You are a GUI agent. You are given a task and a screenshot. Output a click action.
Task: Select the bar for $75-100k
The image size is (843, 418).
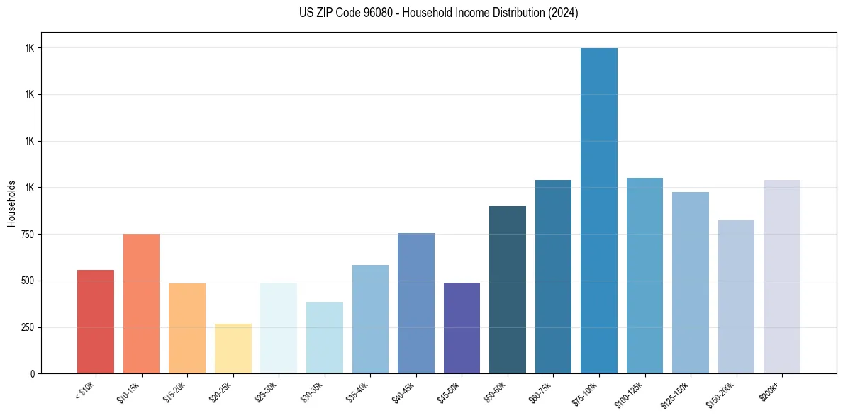click(599, 210)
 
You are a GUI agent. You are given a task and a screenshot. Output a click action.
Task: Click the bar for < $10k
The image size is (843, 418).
click(96, 322)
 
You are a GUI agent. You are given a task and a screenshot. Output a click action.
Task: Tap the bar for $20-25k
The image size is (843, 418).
click(233, 349)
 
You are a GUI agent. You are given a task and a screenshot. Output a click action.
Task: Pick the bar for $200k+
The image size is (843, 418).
click(782, 276)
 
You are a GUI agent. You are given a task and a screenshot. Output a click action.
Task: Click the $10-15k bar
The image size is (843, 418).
click(141, 303)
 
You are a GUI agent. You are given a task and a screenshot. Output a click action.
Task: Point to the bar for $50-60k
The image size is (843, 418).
click(508, 290)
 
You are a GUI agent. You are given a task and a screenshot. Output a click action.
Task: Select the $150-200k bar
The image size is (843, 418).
click(736, 297)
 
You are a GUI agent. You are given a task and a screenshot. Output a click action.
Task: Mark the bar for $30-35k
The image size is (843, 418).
click(325, 337)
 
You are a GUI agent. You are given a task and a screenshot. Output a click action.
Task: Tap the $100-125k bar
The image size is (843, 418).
click(644, 276)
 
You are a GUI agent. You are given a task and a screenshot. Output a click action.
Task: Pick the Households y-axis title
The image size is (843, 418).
click(11, 203)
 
